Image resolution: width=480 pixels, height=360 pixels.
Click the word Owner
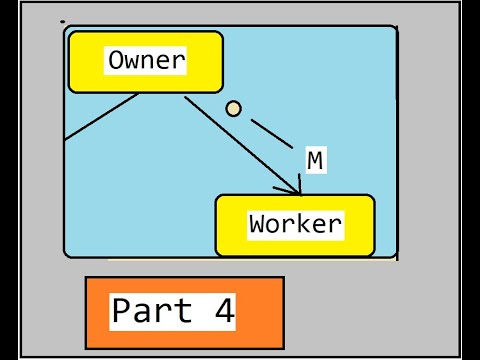(x=146, y=60)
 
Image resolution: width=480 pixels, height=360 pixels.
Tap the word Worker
(x=295, y=224)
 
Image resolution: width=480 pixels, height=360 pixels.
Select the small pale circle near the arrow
(x=233, y=109)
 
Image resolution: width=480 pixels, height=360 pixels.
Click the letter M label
(x=315, y=160)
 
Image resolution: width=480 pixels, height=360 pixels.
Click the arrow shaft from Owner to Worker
(x=240, y=142)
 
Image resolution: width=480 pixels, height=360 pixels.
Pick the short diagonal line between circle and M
(x=270, y=133)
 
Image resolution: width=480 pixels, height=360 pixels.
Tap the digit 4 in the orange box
(x=224, y=311)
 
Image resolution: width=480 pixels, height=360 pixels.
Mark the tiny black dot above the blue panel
(x=63, y=21)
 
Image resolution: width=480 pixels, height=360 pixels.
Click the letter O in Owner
(x=118, y=60)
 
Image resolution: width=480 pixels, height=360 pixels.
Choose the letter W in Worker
(x=258, y=224)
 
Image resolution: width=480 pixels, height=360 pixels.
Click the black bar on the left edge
(x=7, y=180)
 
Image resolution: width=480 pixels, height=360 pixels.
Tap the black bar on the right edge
(x=470, y=180)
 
